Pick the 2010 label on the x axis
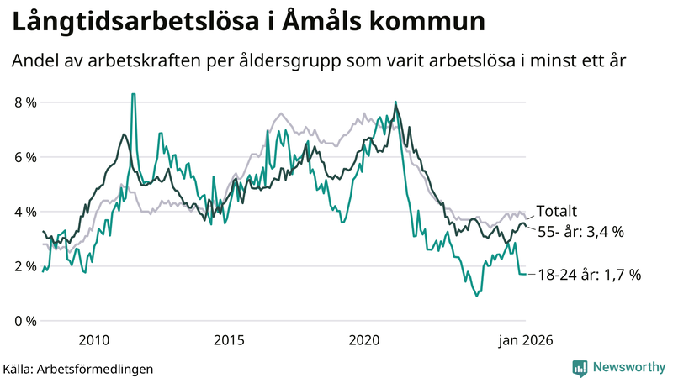pos(93,340)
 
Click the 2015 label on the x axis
pos(229,340)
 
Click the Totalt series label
pos(556,212)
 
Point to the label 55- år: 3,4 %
pos(580,232)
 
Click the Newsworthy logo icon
pos(580,367)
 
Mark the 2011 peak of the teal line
pos(133,95)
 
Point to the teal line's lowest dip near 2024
pos(477,295)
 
